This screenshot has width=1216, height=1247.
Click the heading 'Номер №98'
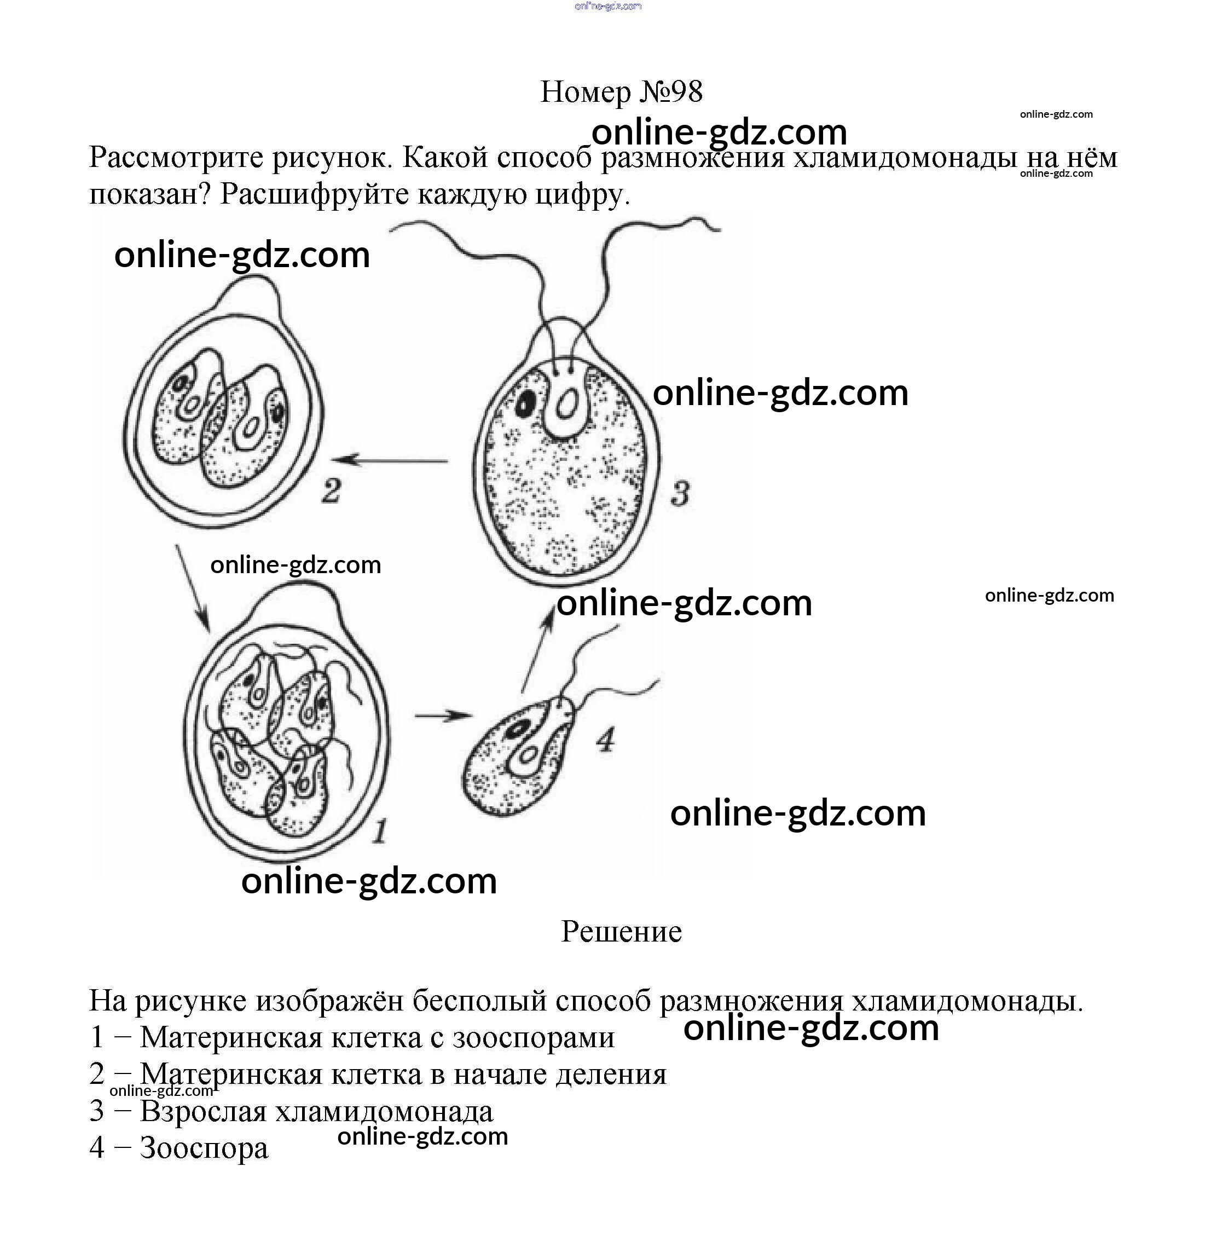click(621, 92)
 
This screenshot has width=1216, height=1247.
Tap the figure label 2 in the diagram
click(331, 490)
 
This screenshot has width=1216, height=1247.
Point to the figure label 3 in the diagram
click(680, 494)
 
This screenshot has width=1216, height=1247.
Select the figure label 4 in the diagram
click(605, 740)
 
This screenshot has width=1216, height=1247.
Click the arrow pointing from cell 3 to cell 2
click(390, 460)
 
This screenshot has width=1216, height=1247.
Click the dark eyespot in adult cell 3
click(526, 402)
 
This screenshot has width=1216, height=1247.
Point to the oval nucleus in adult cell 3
click(567, 404)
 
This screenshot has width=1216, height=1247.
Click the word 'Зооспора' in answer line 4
click(204, 1148)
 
